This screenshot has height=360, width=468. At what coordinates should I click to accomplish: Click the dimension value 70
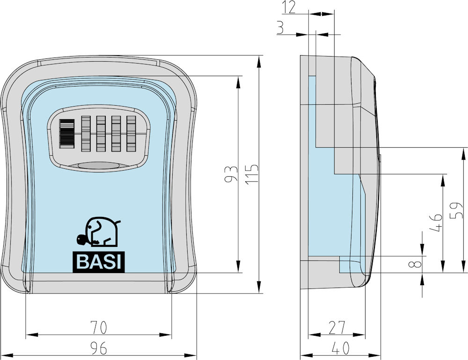pyautogui.click(x=98, y=327)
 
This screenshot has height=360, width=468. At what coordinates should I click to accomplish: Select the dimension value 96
pyautogui.click(x=98, y=348)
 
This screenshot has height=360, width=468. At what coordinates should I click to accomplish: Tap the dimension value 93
pyautogui.click(x=231, y=174)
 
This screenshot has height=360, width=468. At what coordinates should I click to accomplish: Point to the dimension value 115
pyautogui.click(x=252, y=174)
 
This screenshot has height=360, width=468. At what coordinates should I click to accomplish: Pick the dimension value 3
pyautogui.click(x=280, y=28)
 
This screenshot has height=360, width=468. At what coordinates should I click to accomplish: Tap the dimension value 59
pyautogui.click(x=457, y=210)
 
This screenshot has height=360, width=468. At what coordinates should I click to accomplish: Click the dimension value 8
pyautogui.click(x=417, y=264)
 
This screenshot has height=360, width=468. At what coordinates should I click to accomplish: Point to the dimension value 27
pyautogui.click(x=336, y=327)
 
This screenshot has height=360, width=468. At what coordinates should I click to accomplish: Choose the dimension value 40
pyautogui.click(x=340, y=348)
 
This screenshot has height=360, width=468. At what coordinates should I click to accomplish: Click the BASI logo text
pyautogui.click(x=99, y=262)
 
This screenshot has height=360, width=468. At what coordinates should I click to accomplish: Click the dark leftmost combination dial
pyautogui.click(x=67, y=134)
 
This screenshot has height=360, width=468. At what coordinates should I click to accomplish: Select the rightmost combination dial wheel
pyautogui.click(x=132, y=134)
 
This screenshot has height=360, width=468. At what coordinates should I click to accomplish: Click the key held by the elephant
pyautogui.click(x=82, y=240)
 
